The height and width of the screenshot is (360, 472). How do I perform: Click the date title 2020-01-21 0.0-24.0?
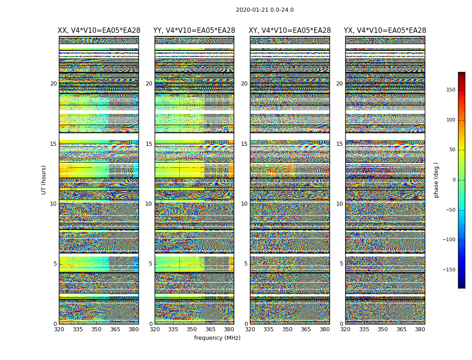[x=264, y=10]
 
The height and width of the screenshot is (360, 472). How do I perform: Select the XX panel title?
[x=99, y=31]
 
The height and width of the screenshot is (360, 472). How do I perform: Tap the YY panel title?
[x=194, y=31]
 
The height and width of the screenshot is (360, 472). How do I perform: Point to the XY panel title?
[x=290, y=31]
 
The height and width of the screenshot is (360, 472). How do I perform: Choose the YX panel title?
[x=385, y=31]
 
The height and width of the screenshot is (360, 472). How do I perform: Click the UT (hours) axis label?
[x=44, y=180]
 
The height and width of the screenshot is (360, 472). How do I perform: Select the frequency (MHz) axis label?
[x=217, y=338]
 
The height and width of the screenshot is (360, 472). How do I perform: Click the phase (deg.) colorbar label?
[x=436, y=180]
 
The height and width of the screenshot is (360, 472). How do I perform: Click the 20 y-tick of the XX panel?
[x=53, y=84]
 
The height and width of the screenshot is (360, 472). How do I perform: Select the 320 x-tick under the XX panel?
[x=59, y=329]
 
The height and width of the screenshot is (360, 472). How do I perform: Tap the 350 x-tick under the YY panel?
[x=191, y=329]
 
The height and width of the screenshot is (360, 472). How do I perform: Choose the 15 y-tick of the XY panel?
[x=245, y=144]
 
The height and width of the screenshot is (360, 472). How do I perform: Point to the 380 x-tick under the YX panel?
[x=420, y=329]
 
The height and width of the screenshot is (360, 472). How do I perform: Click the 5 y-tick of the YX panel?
[x=342, y=264]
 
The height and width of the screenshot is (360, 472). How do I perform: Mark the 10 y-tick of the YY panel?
[x=149, y=204]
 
